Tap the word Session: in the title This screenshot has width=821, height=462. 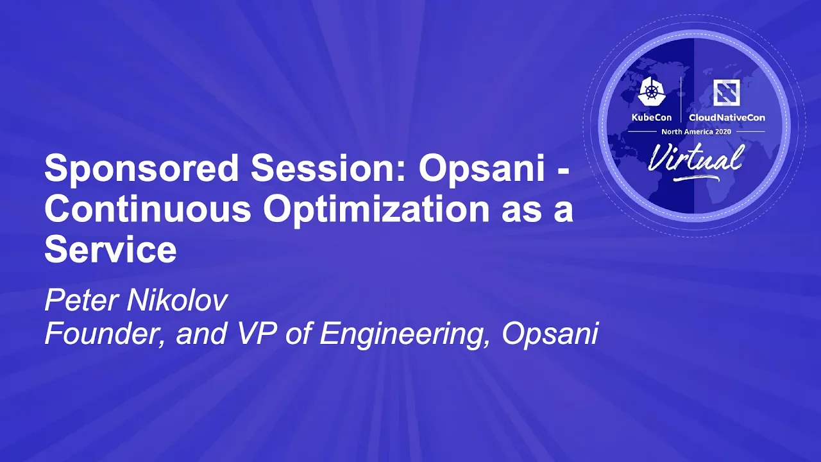(x=328, y=168)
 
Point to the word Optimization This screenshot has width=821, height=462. (x=377, y=211)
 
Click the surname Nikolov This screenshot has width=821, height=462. (x=176, y=301)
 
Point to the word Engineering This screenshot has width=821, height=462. (x=404, y=335)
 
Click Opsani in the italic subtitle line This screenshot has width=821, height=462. (x=550, y=335)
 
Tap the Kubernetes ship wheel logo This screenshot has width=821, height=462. (x=652, y=92)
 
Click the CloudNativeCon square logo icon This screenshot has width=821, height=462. (x=727, y=92)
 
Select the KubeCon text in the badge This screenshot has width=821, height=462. (x=651, y=117)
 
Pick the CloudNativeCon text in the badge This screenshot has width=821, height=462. (x=727, y=117)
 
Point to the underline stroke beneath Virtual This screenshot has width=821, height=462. (x=697, y=178)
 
